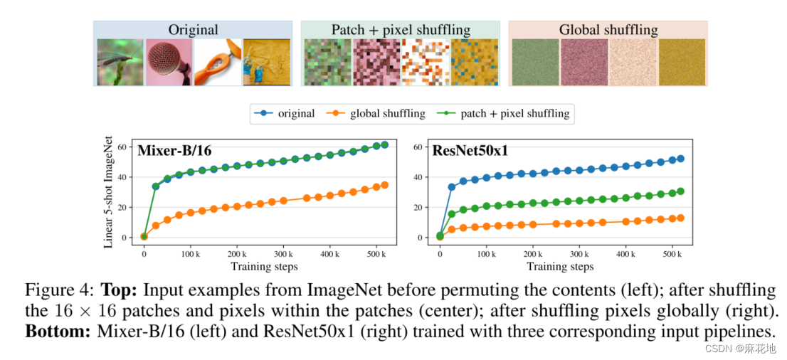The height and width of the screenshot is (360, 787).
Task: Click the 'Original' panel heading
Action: coord(193,30)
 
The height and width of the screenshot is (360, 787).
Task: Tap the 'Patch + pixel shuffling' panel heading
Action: coord(401,30)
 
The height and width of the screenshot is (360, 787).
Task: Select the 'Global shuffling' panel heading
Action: coord(608,30)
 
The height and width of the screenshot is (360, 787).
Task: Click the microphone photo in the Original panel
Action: coord(169,62)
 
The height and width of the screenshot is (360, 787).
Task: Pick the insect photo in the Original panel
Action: coord(120,62)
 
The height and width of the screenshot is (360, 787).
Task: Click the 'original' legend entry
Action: coord(287,113)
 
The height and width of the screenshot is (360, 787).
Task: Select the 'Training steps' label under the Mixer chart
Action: coord(263,267)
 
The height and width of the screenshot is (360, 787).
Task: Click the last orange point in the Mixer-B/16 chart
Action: coord(385,185)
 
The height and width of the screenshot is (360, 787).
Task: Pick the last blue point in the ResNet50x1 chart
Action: coord(680,159)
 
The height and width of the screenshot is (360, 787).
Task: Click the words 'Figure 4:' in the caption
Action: coord(60,290)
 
